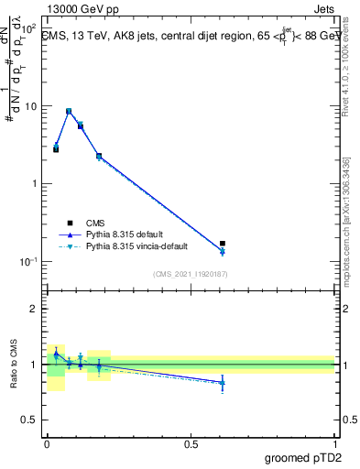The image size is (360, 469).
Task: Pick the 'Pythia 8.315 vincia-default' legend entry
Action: pos(136,246)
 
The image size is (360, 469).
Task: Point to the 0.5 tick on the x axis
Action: pos(191,443)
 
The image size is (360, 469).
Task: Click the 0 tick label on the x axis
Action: pos(47,443)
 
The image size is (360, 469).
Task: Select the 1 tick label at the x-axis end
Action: pos(334,443)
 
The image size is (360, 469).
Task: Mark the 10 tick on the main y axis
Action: pos(32,106)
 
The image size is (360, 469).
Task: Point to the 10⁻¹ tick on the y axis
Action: pos(30,261)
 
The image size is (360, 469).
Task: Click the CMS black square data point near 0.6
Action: pos(223,244)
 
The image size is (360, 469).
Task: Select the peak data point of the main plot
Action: pos(69,111)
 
